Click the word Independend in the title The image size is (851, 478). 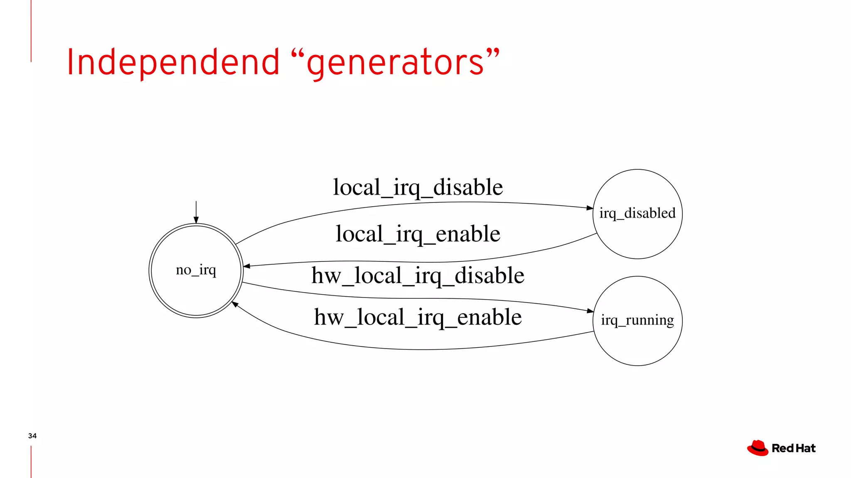click(x=173, y=62)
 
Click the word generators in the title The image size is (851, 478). click(x=395, y=63)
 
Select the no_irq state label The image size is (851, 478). click(x=196, y=270)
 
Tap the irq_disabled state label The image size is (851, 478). click(x=637, y=213)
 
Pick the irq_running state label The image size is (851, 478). click(x=637, y=320)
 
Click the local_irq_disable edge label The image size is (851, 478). click(x=418, y=187)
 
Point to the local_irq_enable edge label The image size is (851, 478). click(x=418, y=234)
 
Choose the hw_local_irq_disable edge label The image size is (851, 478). click(x=418, y=276)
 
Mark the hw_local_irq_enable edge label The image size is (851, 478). click(x=418, y=317)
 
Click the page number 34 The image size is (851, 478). click(x=32, y=436)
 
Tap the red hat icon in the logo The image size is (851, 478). click(x=758, y=448)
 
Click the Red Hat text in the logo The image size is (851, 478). click(x=794, y=448)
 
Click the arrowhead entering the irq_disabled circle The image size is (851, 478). click(x=590, y=207)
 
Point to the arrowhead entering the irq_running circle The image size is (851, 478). click(x=590, y=310)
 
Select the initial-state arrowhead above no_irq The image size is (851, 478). click(x=196, y=220)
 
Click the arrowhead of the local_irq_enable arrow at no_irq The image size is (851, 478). click(x=246, y=266)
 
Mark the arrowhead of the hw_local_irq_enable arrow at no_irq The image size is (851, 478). click(x=235, y=304)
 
